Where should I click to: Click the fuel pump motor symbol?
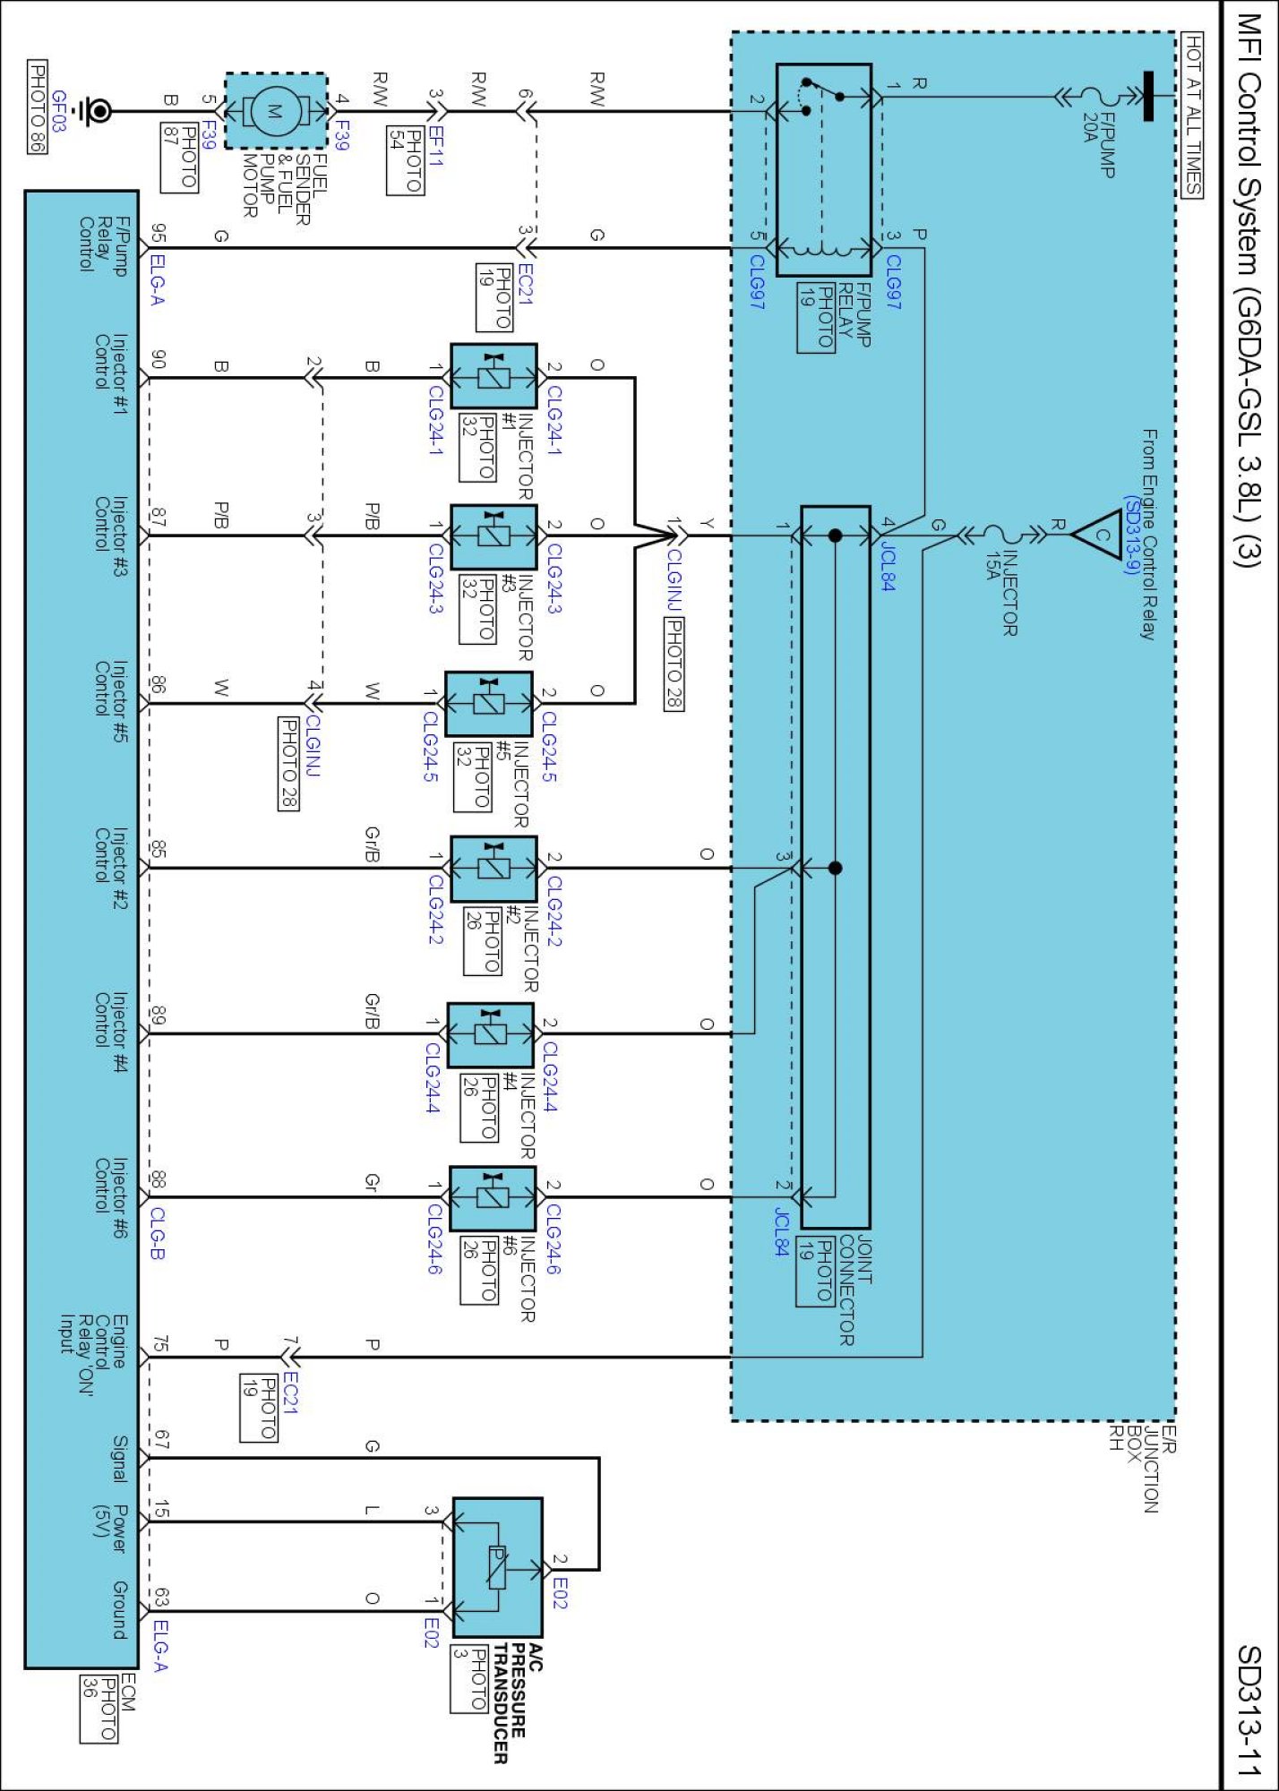tap(276, 111)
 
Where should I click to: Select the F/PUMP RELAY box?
tap(823, 169)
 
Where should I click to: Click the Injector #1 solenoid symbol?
tap(494, 376)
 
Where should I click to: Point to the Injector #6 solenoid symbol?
tap(493, 1198)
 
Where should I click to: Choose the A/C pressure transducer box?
tap(497, 1567)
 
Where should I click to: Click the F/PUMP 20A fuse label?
tap(1098, 143)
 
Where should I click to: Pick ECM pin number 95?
tap(158, 234)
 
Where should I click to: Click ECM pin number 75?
tap(159, 1344)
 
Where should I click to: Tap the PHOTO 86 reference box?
tap(37, 107)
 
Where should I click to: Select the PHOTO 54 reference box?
tap(405, 161)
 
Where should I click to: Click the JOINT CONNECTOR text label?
tap(855, 1290)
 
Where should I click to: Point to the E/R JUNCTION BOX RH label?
tap(1142, 1469)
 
